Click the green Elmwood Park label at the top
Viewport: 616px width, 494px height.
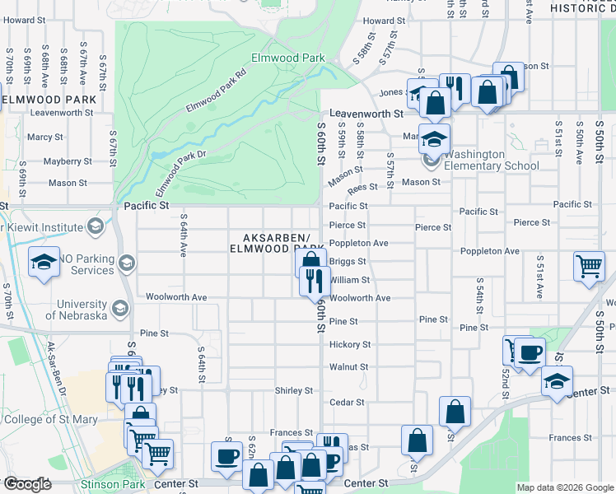pyautogui.click(x=287, y=58)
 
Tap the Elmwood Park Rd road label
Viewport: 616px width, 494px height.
pyautogui.click(x=217, y=91)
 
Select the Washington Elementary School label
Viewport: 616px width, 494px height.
pyautogui.click(x=492, y=160)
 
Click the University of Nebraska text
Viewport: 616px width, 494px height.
pyautogui.click(x=76, y=310)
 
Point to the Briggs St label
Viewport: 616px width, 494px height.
pyautogui.click(x=348, y=262)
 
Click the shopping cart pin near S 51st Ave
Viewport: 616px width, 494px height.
pyautogui.click(x=589, y=266)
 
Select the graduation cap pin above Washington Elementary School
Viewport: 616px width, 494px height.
pyautogui.click(x=433, y=138)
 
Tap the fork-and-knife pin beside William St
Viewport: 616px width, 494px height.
pyautogui.click(x=315, y=281)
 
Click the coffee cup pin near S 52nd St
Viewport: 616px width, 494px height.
pyautogui.click(x=530, y=352)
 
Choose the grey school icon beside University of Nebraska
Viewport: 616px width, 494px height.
pyautogui.click(x=119, y=308)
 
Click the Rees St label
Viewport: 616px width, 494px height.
pyautogui.click(x=362, y=189)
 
